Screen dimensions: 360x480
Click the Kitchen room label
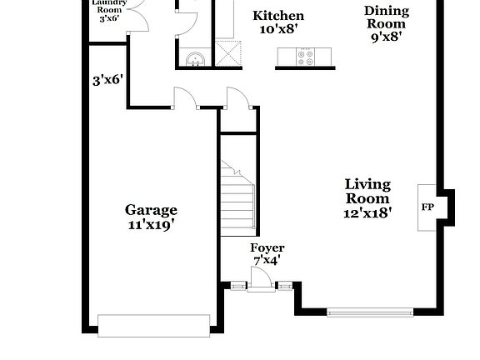coord(278,16)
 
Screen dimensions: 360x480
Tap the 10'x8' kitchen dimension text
coord(278,30)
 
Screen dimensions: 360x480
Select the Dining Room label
coord(387,17)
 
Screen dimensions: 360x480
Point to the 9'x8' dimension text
coord(387,36)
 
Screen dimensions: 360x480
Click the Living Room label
coord(367,192)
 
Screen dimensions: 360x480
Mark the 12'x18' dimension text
coord(367,212)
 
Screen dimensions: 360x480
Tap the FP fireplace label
coord(427,207)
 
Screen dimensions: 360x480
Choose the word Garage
coord(151,210)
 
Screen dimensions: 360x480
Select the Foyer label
coord(267,248)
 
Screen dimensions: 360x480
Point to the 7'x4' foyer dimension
coord(267,260)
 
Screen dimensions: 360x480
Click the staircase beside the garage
coord(237,195)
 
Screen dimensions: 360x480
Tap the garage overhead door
coord(153,325)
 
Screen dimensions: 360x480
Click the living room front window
coord(368,312)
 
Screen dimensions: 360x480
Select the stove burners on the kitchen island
coord(304,57)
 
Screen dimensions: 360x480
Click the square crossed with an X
coord(227,52)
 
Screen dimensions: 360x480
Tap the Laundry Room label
coord(110,9)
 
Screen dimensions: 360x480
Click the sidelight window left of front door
coord(238,287)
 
